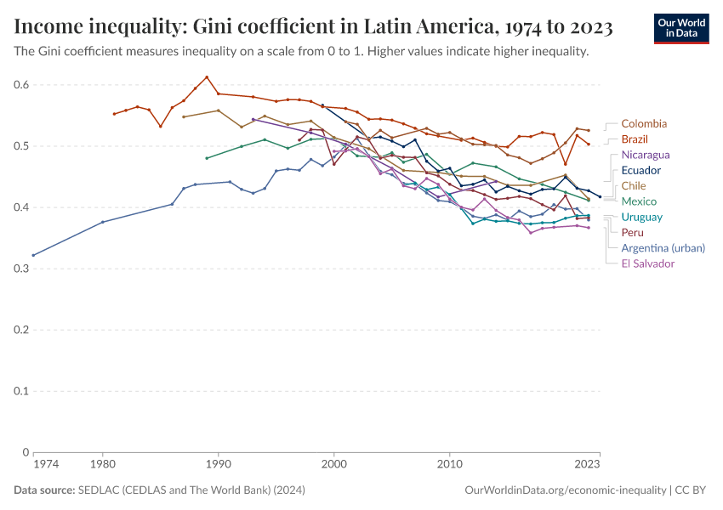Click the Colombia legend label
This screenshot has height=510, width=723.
643,124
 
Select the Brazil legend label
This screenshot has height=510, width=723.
635,139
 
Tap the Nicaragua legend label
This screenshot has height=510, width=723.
646,155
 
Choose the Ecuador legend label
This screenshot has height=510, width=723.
640,170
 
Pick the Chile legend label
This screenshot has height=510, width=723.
634,185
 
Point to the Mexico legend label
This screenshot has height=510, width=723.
638,201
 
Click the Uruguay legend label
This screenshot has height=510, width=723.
641,217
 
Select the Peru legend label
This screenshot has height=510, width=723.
632,232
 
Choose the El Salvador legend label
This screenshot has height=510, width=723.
647,263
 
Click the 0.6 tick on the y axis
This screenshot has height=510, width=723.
21,85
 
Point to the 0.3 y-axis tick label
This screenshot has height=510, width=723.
21,269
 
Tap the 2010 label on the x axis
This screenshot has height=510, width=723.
450,465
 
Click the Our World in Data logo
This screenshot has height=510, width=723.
680,28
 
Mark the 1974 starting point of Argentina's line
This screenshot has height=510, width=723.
33,255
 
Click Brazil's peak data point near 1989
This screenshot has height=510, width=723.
207,77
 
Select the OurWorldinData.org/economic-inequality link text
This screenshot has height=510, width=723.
565,490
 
